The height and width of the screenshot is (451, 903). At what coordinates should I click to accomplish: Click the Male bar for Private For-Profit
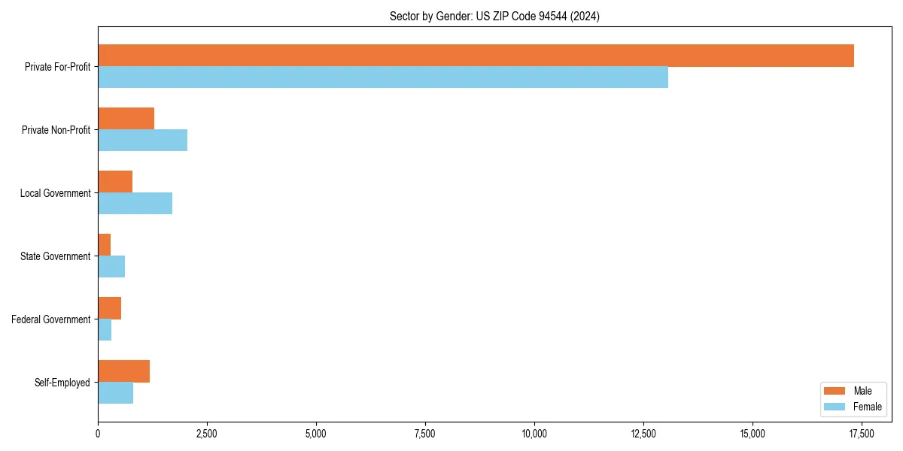tap(476, 56)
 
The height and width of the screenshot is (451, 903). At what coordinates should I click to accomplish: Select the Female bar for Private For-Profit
tap(383, 77)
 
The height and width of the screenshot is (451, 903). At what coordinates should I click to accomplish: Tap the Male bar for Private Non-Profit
tap(126, 119)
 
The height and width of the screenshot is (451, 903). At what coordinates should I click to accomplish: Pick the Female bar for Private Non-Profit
tap(142, 141)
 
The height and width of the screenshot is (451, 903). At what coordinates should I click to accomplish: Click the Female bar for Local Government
tap(135, 204)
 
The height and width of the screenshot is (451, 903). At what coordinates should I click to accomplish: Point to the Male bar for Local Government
tap(115, 182)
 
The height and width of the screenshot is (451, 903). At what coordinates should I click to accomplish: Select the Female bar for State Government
tap(111, 267)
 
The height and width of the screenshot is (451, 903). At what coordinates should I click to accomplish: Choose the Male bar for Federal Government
tap(109, 308)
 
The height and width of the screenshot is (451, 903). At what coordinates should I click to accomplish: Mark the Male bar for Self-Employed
tap(123, 371)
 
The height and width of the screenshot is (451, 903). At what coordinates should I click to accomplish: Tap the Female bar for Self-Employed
tap(115, 393)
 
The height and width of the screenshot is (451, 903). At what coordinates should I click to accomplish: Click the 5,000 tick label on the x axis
tap(316, 434)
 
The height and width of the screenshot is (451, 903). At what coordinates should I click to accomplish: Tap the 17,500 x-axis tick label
tap(862, 434)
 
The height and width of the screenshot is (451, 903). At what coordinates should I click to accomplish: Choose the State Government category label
tap(56, 256)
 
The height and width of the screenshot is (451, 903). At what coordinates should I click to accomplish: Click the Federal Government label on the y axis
tap(51, 319)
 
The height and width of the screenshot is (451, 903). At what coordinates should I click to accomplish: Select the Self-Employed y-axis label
tap(62, 383)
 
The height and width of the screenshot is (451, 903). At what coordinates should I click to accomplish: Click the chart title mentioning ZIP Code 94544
tap(494, 17)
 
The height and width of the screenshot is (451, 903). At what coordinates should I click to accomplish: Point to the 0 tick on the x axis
tap(98, 434)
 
